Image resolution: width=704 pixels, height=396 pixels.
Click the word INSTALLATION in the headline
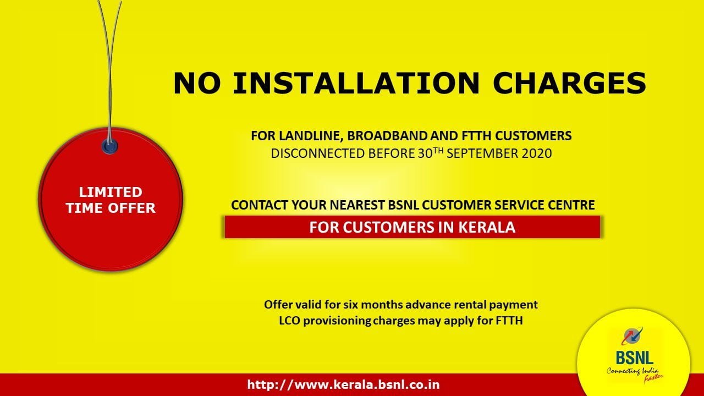click(x=356, y=83)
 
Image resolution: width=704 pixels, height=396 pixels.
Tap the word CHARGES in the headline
click(x=569, y=83)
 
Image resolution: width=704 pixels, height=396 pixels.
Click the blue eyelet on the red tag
click(x=109, y=146)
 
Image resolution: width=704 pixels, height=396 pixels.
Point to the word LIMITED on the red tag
click(x=111, y=192)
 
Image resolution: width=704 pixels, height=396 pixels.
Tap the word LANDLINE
click(x=310, y=136)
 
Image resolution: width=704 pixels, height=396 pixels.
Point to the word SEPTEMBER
click(x=483, y=153)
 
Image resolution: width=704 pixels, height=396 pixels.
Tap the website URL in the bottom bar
click(x=344, y=384)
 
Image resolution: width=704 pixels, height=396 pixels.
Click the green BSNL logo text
click(x=635, y=357)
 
